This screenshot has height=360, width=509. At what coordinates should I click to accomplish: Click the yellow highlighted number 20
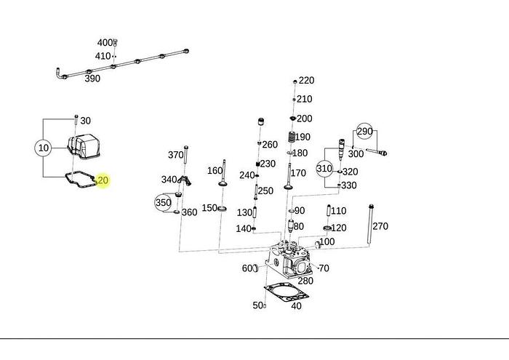click(x=103, y=180)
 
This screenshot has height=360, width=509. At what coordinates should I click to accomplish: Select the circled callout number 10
click(x=43, y=148)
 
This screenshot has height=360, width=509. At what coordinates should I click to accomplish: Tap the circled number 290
click(x=364, y=131)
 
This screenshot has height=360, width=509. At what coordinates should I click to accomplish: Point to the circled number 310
click(x=324, y=169)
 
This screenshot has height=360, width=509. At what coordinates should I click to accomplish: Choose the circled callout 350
click(x=163, y=202)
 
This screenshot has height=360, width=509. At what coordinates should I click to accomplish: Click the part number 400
click(x=105, y=43)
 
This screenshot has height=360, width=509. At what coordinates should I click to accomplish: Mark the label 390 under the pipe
click(x=92, y=79)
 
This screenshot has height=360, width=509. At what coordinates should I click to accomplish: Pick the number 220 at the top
click(x=306, y=81)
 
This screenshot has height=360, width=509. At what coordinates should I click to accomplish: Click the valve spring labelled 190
click(x=294, y=137)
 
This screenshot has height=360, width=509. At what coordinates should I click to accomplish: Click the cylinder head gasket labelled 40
click(x=285, y=292)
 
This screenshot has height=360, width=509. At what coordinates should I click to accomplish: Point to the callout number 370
click(x=175, y=155)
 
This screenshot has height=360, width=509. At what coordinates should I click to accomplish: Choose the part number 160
click(x=215, y=171)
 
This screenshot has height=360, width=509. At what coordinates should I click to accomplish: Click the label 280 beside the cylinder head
click(x=305, y=281)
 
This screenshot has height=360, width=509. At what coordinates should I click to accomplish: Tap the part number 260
click(x=270, y=145)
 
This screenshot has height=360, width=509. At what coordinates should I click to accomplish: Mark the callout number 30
click(x=85, y=121)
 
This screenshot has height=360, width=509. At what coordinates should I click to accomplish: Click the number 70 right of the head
click(x=324, y=268)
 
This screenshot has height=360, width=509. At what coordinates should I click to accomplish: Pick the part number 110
click(x=339, y=211)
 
